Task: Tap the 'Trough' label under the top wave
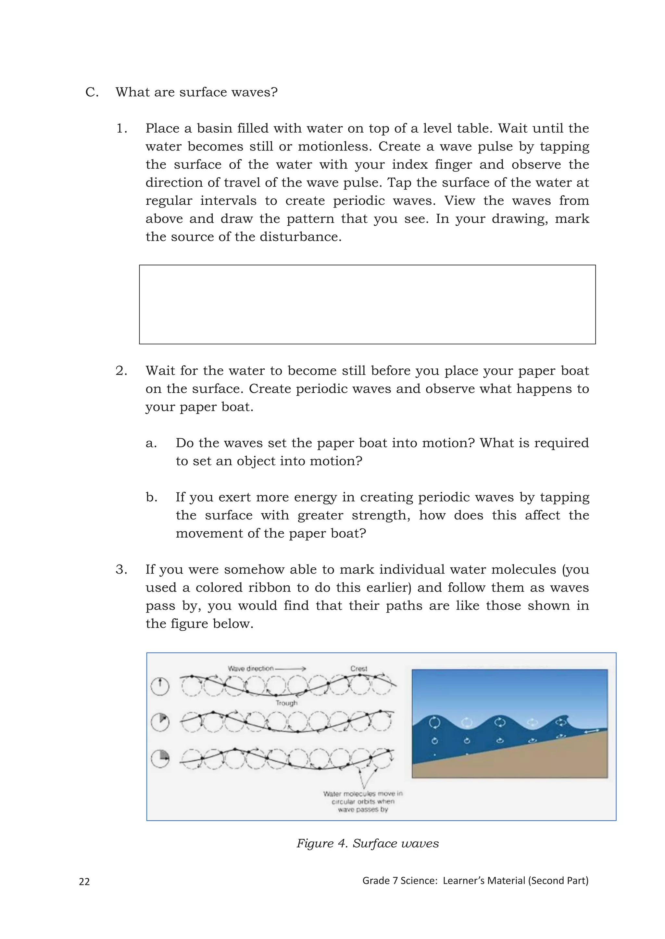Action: [286, 703]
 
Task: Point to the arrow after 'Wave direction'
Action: [290, 669]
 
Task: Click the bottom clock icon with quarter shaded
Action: [160, 759]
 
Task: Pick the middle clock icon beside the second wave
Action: [160, 722]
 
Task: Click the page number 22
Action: [84, 881]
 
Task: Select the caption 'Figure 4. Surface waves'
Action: [367, 843]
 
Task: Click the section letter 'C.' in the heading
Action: [92, 92]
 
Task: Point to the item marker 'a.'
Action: [151, 443]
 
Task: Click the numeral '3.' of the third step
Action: [121, 569]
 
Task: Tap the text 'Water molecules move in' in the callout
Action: [363, 793]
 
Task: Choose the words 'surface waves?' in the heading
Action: [228, 92]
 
